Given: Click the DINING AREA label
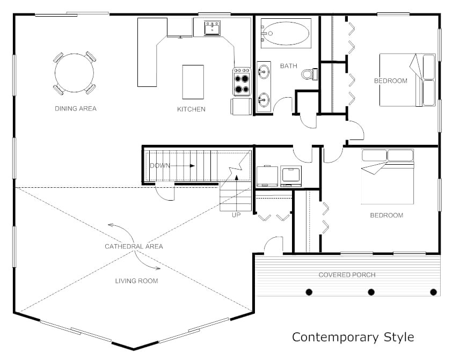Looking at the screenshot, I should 76,108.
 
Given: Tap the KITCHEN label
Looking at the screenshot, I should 191,109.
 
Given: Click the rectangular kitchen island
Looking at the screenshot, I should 193,82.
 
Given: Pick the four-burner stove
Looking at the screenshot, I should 242,82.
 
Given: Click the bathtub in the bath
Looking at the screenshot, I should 286,32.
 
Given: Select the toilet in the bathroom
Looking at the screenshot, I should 309,74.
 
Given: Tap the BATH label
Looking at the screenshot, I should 288,66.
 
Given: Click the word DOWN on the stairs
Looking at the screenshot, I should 160,165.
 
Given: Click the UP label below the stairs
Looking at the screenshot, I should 236,215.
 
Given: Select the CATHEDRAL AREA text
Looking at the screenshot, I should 134,246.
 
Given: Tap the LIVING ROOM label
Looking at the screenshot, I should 136,281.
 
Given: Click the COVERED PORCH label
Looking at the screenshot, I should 347,275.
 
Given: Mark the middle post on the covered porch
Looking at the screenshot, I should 371,292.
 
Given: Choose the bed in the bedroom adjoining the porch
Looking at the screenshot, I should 387,177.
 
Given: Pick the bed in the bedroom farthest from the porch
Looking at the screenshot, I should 407,80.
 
